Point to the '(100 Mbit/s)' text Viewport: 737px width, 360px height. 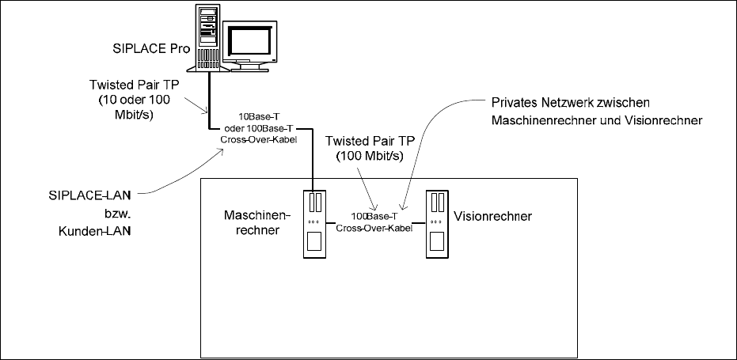pos(374,156)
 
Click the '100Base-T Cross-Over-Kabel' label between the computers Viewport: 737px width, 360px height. pos(374,222)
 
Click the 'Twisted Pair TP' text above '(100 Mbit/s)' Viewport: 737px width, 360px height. pos(374,140)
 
